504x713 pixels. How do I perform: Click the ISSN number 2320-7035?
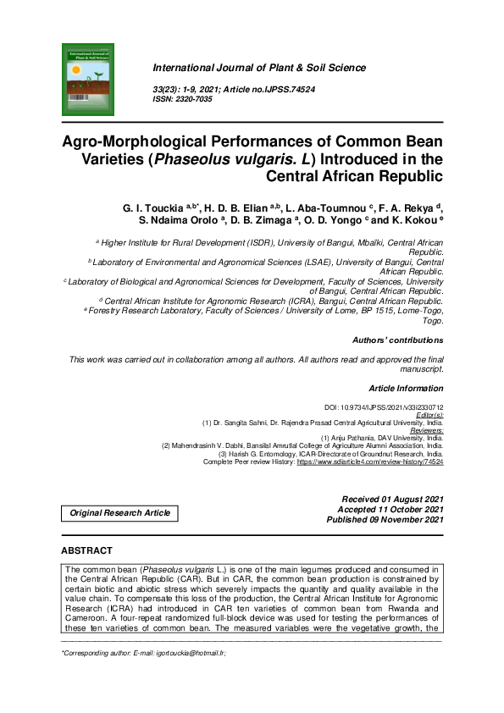click(195, 99)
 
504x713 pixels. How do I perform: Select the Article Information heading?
click(406, 388)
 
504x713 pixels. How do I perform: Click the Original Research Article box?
click(119, 513)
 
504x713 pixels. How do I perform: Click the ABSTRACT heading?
click(88, 550)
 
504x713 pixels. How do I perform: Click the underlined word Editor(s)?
click(428, 414)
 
